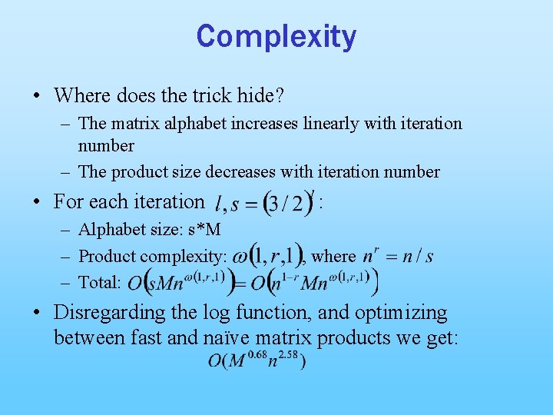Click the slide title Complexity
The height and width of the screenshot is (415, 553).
[276, 36]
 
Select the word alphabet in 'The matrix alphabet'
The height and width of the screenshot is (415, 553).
[192, 124]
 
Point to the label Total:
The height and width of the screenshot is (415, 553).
[100, 283]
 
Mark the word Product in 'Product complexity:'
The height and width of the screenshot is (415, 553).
[105, 257]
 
